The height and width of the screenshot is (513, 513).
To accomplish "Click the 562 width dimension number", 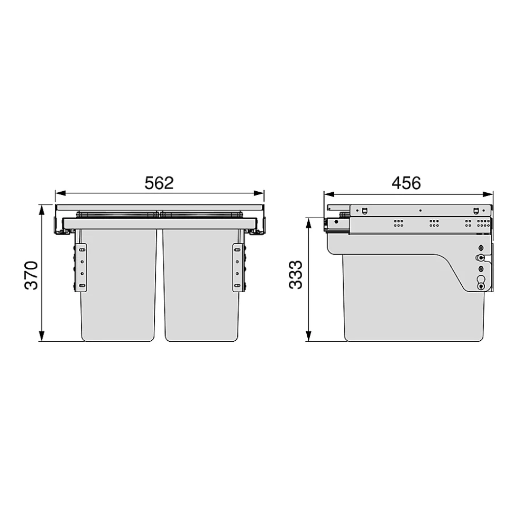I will (159, 183).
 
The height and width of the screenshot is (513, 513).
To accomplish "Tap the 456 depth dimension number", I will (406, 183).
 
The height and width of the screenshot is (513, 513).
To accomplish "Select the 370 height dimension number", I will (32, 275).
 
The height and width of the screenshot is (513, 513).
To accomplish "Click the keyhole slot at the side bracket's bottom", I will (481, 285).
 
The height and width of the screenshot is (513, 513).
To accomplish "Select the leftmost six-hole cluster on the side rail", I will (398, 223).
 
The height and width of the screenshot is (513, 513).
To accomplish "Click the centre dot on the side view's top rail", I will (420, 210).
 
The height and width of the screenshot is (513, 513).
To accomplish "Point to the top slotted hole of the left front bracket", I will (81, 248).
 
